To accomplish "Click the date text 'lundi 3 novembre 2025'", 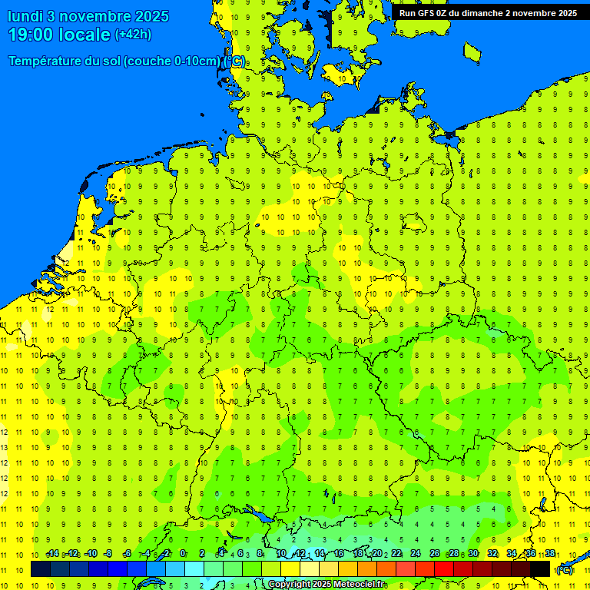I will coord(88,16).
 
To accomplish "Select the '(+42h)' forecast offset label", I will coord(133,35).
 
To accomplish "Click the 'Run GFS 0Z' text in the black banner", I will coord(425,13).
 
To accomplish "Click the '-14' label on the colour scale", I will coord(52,554).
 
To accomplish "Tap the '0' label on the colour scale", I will coord(183,554).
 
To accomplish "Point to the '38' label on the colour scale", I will coord(550,554).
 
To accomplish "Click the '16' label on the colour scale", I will coord(338,554).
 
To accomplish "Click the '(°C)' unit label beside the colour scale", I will coord(564,570).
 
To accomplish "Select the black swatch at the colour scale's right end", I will coord(540,568).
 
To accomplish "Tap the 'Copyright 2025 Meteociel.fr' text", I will coord(326,585).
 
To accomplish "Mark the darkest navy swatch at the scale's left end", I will coord(41,568).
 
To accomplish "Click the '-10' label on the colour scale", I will coord(91,554).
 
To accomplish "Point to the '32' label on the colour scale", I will coord(492,554).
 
